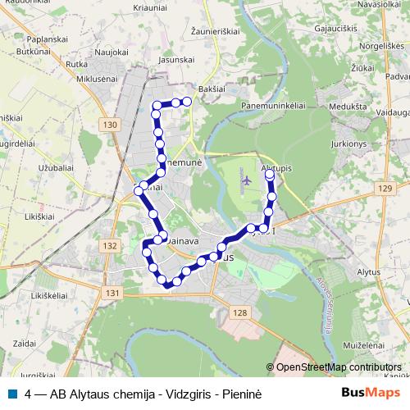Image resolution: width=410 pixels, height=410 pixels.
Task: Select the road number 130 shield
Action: click(x=112, y=124)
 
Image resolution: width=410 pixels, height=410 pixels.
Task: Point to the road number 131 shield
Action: click(x=112, y=293)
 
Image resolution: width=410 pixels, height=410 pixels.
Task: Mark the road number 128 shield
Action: click(x=239, y=312)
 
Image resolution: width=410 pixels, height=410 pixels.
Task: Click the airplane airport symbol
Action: click(x=245, y=180)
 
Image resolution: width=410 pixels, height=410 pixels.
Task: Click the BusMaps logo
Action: click(x=371, y=393)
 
